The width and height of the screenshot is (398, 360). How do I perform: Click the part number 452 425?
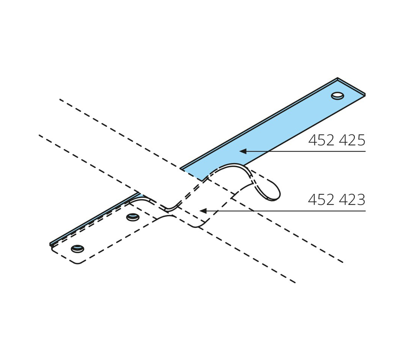(336, 140)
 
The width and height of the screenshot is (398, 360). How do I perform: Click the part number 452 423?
(336, 200)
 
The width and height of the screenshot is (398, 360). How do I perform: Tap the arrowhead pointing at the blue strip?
(243, 151)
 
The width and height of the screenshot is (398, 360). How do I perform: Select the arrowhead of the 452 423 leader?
(203, 211)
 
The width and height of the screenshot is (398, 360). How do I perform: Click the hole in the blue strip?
(338, 95)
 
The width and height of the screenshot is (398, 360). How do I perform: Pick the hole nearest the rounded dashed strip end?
(78, 249)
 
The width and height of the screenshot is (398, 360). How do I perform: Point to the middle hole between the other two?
(133, 217)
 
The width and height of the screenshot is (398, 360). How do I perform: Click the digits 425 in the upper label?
(351, 140)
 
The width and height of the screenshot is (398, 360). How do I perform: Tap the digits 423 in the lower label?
(351, 200)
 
